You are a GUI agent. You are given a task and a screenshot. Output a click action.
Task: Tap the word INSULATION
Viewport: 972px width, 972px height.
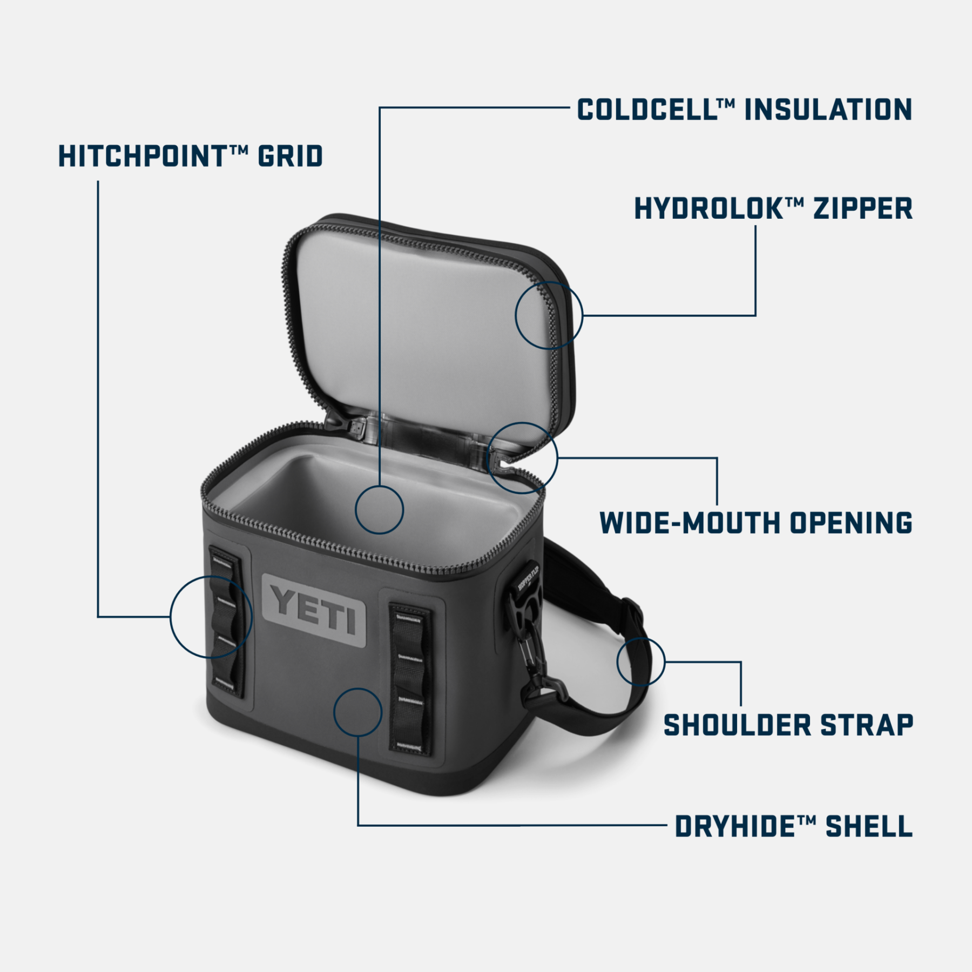pyautogui.click(x=828, y=110)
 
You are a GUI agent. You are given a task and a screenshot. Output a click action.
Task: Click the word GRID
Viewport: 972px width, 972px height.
pyautogui.click(x=290, y=156)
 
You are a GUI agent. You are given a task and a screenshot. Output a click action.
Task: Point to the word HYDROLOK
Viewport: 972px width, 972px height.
pyautogui.click(x=709, y=208)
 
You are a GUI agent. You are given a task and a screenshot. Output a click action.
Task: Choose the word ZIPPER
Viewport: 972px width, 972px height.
pyautogui.click(x=863, y=208)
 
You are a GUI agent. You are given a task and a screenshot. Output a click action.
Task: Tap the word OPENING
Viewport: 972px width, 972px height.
pyautogui.click(x=851, y=523)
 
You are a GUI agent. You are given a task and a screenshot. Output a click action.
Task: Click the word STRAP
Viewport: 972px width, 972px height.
pyautogui.click(x=867, y=725)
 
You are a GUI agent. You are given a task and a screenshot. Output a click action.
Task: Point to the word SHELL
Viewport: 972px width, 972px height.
pyautogui.click(x=869, y=826)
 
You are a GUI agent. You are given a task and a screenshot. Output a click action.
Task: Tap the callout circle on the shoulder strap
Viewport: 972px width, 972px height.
pyautogui.click(x=640, y=661)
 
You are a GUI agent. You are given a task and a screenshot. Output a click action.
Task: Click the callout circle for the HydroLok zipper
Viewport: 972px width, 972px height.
pyautogui.click(x=549, y=315)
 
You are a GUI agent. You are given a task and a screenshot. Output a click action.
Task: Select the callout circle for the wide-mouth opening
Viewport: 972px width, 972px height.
pyautogui.click(x=522, y=458)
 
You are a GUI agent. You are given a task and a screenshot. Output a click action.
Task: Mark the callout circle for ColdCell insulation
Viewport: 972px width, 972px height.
pyautogui.click(x=379, y=510)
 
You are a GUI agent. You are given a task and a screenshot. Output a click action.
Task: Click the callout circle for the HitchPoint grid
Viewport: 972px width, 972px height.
pyautogui.click(x=211, y=617)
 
